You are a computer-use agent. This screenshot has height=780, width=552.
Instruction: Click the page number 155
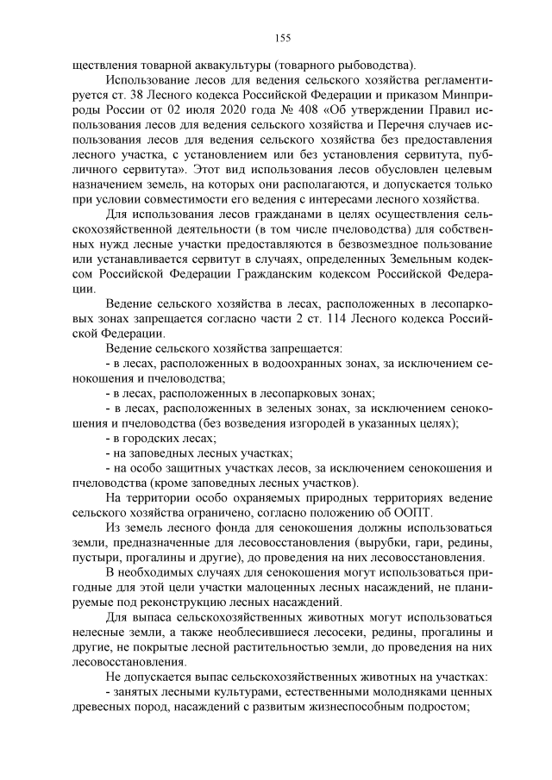pyautogui.click(x=282, y=36)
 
